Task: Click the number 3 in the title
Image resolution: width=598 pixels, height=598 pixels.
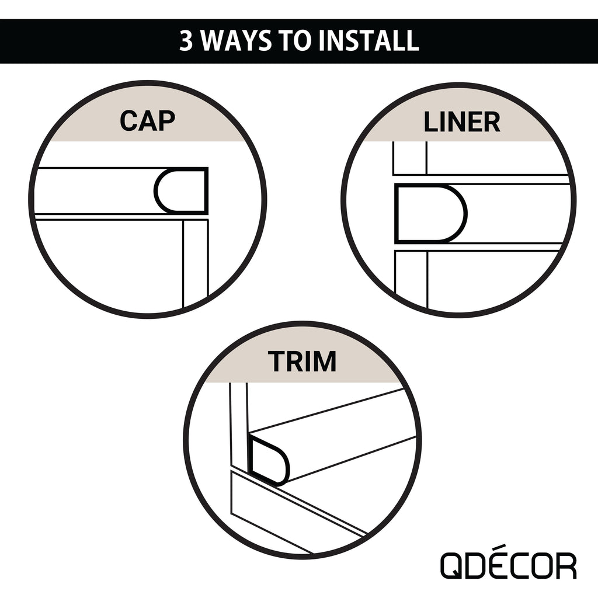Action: click(186, 41)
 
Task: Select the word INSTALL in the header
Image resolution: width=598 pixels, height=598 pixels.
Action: click(369, 41)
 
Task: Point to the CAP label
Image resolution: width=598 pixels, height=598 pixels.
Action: click(148, 121)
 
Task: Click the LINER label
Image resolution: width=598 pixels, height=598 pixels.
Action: click(462, 122)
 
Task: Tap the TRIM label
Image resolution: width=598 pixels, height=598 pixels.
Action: click(302, 361)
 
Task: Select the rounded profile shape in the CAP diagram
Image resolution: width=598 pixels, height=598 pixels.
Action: click(181, 191)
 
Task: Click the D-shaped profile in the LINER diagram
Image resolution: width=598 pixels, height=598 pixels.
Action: click(430, 214)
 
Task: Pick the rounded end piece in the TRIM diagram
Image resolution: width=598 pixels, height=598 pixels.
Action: click(269, 461)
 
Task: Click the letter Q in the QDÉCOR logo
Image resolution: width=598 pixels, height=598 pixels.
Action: click(452, 566)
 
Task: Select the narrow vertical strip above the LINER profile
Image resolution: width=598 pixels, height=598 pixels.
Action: click(410, 158)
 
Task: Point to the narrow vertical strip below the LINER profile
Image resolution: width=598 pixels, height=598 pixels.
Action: click(411, 279)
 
